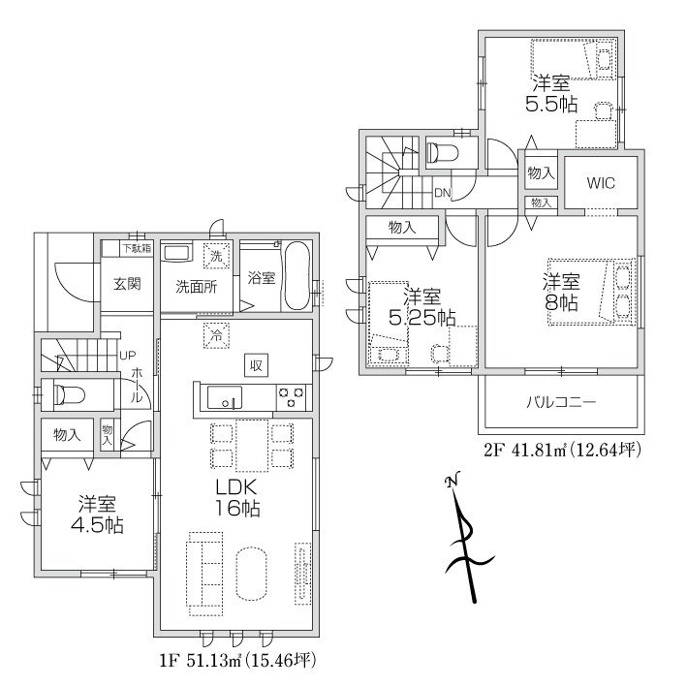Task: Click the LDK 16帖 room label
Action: [x=236, y=497]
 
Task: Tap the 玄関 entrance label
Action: [x=127, y=284]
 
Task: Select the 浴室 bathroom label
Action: [x=261, y=277]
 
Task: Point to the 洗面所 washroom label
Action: [x=197, y=287]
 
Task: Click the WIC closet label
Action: [x=601, y=183]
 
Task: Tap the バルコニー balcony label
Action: [x=561, y=402]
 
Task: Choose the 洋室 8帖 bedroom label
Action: [x=561, y=292]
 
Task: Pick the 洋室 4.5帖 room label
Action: [x=97, y=514]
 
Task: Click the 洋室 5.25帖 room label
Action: [x=422, y=307]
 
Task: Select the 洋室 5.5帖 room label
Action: [x=551, y=93]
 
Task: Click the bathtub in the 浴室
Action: [x=297, y=276]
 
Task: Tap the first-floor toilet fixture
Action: [x=69, y=394]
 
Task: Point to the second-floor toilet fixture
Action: [x=443, y=153]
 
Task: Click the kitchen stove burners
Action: [x=292, y=397]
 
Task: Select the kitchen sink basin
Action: [x=225, y=397]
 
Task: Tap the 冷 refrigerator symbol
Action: [x=216, y=336]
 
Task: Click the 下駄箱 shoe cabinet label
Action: [x=137, y=248]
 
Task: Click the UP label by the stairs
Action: [x=128, y=356]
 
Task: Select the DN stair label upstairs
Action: [x=443, y=193]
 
